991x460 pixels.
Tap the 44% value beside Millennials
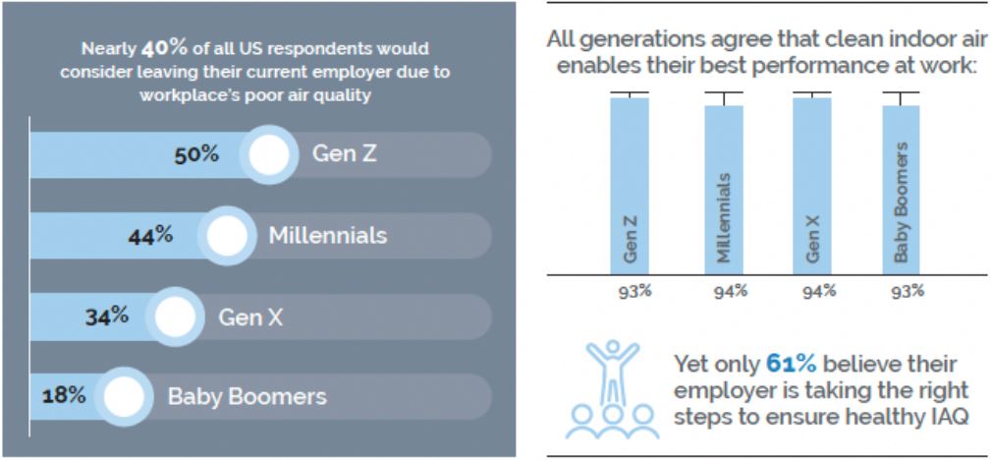click(x=151, y=236)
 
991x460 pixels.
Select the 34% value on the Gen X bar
click(x=106, y=316)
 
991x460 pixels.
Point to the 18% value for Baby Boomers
click(x=64, y=396)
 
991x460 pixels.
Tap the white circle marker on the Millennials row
click(x=226, y=236)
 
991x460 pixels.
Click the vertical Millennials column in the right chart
click(x=724, y=187)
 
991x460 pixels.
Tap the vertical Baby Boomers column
click(x=901, y=187)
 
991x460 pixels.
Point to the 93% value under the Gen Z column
click(x=630, y=290)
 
